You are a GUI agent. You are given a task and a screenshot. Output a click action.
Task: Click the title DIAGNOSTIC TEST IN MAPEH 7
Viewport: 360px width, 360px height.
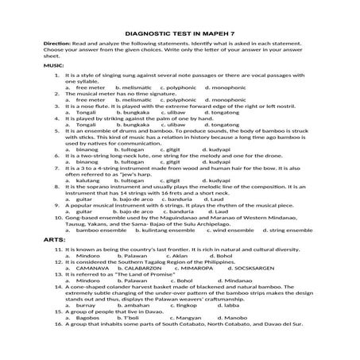[180, 25]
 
